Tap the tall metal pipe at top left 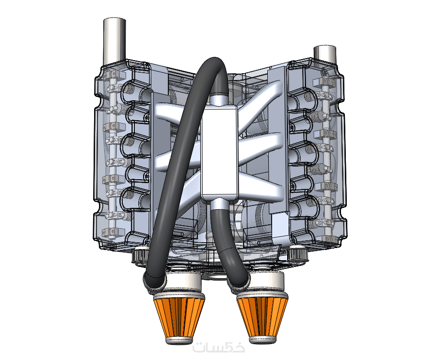point(114,41)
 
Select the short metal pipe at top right point(325,55)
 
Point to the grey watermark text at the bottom point(219,347)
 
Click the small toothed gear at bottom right point(298,252)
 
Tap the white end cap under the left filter point(179,340)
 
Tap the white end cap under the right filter point(262,340)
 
